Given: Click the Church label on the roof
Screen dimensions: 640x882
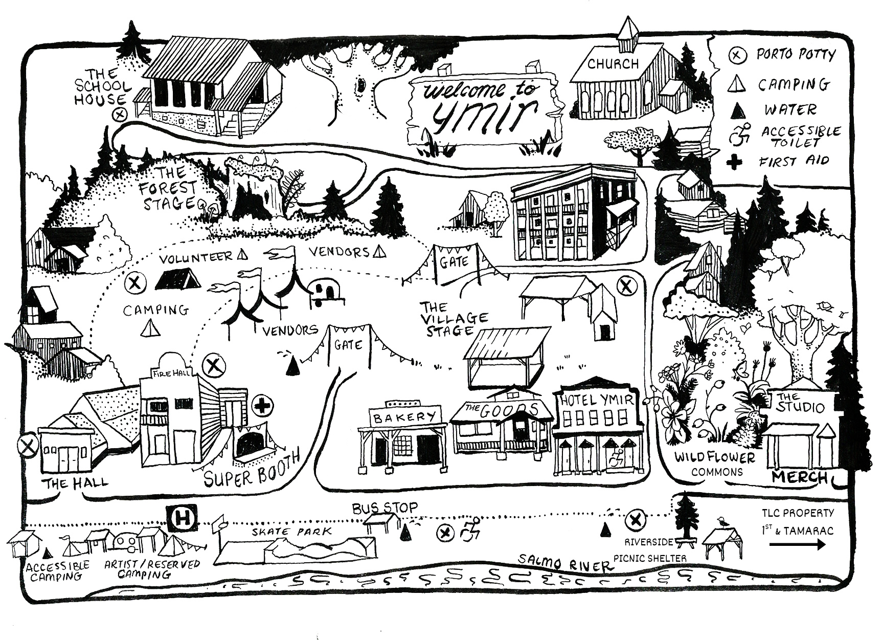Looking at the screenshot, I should click(x=613, y=64).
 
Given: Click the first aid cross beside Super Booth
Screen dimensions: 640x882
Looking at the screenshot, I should click(x=262, y=407).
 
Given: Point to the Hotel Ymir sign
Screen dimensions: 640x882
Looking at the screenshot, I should click(x=597, y=400).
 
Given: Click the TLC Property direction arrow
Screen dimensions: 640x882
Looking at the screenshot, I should click(x=797, y=545).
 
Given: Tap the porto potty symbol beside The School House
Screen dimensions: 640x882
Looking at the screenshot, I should click(x=120, y=114).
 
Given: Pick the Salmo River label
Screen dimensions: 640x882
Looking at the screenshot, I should click(x=564, y=563).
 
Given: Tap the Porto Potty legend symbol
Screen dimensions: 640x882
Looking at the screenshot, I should click(x=737, y=55).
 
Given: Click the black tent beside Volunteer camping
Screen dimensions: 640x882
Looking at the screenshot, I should click(x=177, y=279).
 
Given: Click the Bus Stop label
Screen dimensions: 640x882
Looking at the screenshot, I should click(x=385, y=508).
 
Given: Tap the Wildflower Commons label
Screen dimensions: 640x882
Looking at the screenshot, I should click(x=714, y=464).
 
